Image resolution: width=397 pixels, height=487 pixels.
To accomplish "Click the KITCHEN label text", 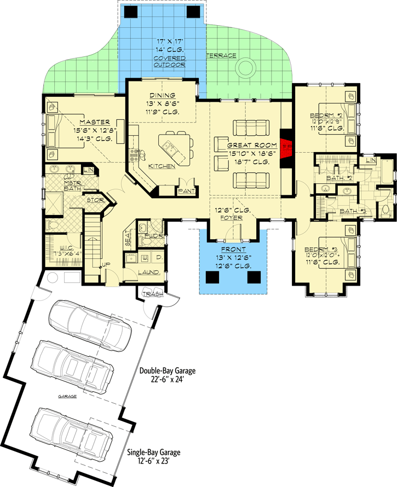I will point(162,166).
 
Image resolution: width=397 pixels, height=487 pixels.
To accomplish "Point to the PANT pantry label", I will point(184,192).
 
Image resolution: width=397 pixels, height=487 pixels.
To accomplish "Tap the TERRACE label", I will point(221,56).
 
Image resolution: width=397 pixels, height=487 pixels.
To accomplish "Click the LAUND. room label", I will point(148,272).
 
